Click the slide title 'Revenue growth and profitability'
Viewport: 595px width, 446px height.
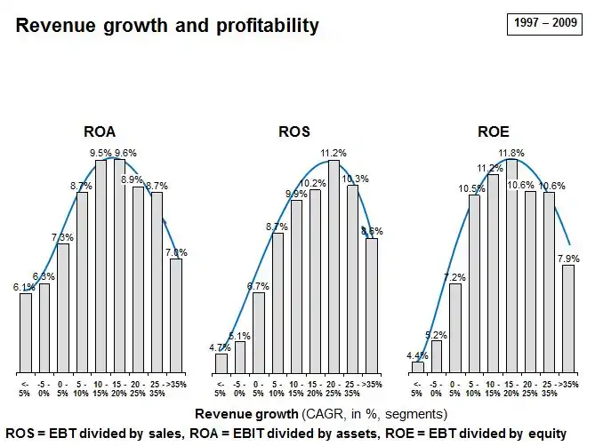click(x=167, y=26)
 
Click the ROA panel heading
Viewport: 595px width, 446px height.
click(x=100, y=131)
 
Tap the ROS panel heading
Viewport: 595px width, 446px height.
click(x=294, y=131)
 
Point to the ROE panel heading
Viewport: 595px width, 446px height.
click(x=493, y=131)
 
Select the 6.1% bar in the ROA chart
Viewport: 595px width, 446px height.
click(x=26, y=332)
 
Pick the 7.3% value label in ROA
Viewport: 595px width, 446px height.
click(x=63, y=237)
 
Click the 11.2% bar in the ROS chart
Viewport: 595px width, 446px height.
click(x=334, y=267)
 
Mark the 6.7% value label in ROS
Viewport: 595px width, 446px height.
click(x=259, y=286)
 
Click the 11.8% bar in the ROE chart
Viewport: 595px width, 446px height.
click(x=511, y=267)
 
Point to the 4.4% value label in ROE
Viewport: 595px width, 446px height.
click(x=416, y=355)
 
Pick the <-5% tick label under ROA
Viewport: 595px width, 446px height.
click(x=25, y=387)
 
